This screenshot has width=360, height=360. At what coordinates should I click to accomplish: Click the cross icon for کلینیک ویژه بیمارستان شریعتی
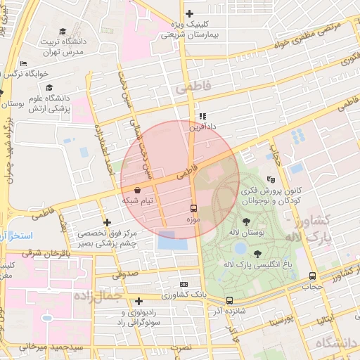point(188,13)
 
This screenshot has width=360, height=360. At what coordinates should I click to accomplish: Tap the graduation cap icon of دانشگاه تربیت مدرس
point(63,31)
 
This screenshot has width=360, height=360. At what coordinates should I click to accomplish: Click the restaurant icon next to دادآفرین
point(202,116)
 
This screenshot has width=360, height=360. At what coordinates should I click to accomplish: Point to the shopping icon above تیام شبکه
point(136,190)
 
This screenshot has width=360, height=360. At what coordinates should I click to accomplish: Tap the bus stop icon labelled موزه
point(193,209)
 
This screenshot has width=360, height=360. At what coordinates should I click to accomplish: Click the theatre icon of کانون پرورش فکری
point(271,180)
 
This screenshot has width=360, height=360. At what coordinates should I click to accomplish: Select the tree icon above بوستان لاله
point(245,221)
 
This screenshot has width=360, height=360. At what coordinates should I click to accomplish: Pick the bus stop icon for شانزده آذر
point(229,300)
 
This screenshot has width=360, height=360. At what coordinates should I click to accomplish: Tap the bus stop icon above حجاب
point(311,276)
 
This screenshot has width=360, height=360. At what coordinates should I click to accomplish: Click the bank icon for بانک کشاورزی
point(184,284)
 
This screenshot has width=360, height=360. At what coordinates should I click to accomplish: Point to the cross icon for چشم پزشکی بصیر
point(107,222)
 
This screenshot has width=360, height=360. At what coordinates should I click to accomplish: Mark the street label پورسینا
point(281,322)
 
